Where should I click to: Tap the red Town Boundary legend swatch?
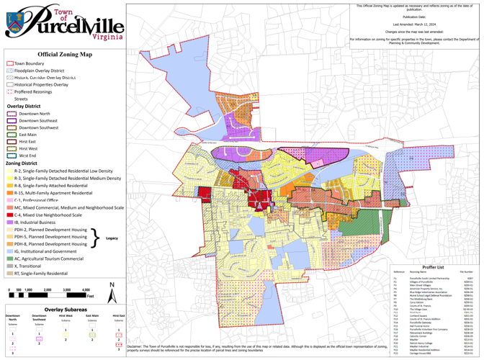point(10,63)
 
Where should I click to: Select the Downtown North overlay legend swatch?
point(11,114)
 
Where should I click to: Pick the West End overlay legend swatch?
point(11,155)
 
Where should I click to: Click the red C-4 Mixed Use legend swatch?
point(10,215)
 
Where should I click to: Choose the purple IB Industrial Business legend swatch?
point(10,222)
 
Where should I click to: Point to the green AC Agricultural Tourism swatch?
point(10,258)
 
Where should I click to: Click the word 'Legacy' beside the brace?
point(112,238)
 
